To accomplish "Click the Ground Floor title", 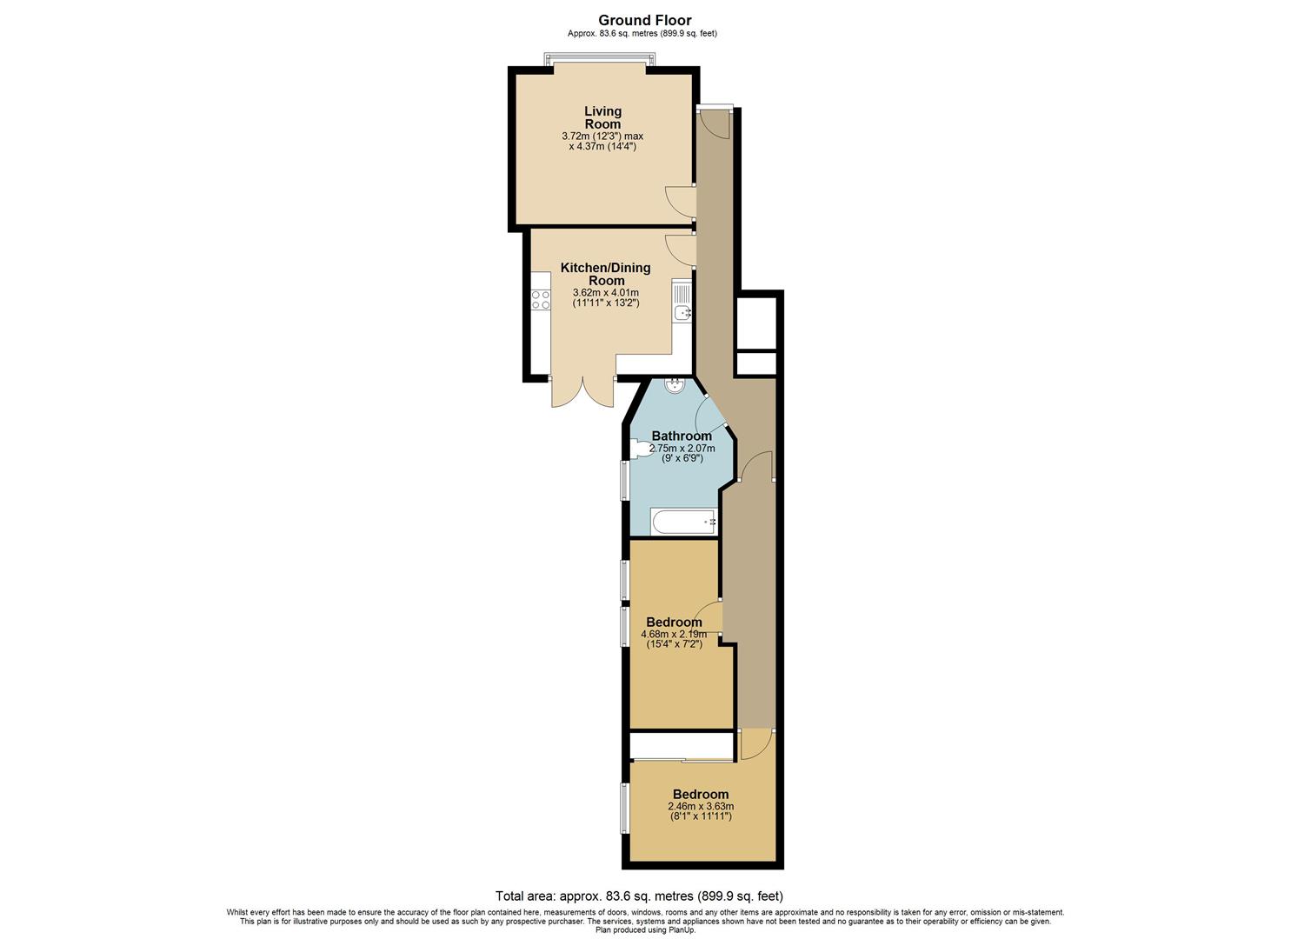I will [x=644, y=20].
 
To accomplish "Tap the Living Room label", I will [x=602, y=117].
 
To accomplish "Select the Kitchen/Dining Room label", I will [x=605, y=274].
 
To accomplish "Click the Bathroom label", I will [x=682, y=436].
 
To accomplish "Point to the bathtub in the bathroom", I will [x=684, y=522].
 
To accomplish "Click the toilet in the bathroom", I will [x=642, y=449].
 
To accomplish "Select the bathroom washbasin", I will [x=675, y=385].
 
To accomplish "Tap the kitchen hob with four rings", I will [x=541, y=300].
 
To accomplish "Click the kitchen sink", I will [x=682, y=311].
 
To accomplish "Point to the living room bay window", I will [x=600, y=58].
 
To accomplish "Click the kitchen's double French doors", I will [x=582, y=394].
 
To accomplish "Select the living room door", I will [x=680, y=201].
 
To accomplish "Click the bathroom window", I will [x=624, y=480].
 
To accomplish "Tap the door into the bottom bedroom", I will [x=754, y=744].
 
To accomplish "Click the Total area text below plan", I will [x=639, y=896].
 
